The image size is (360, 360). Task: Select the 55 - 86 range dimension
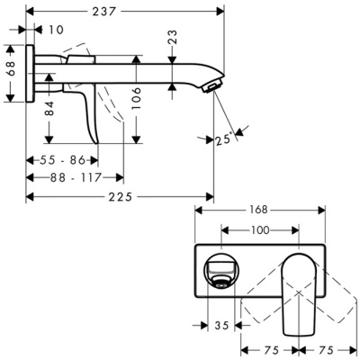[63, 159]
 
